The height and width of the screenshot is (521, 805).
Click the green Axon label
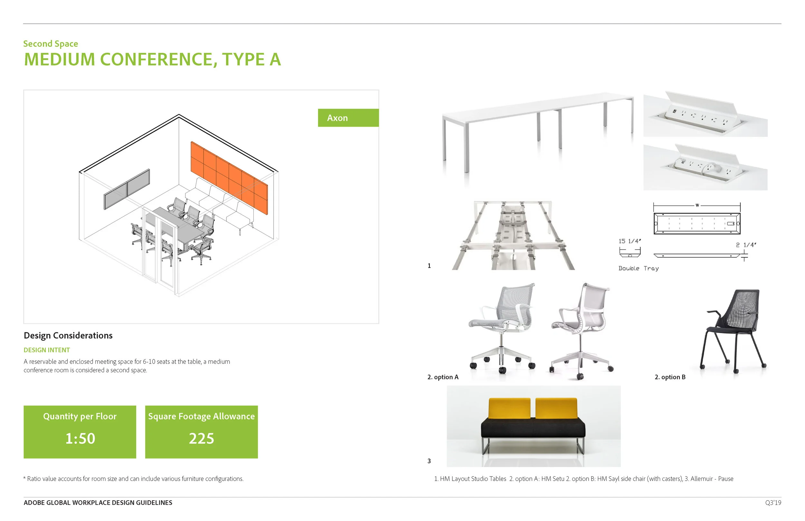coord(348,118)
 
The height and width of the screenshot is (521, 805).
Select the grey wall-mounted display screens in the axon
coord(127,189)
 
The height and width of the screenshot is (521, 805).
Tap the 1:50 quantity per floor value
coord(80,439)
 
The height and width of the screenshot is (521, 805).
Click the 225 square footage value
coord(201,439)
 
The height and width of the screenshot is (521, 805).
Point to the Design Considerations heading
coord(68,335)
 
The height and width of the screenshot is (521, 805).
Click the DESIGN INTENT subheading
coord(47,350)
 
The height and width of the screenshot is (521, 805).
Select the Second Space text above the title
coord(51,44)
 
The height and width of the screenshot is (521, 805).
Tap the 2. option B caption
coord(670,377)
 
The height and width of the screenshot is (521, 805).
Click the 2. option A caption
coord(443,377)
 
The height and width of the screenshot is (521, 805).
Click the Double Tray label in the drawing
coord(638,268)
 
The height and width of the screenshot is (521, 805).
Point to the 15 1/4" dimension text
coord(630,241)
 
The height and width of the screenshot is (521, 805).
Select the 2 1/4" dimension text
coord(745,245)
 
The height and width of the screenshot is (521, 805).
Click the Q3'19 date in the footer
coord(773,503)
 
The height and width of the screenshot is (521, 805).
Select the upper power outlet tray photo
coord(705,114)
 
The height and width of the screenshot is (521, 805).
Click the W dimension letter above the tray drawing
coord(697,205)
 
